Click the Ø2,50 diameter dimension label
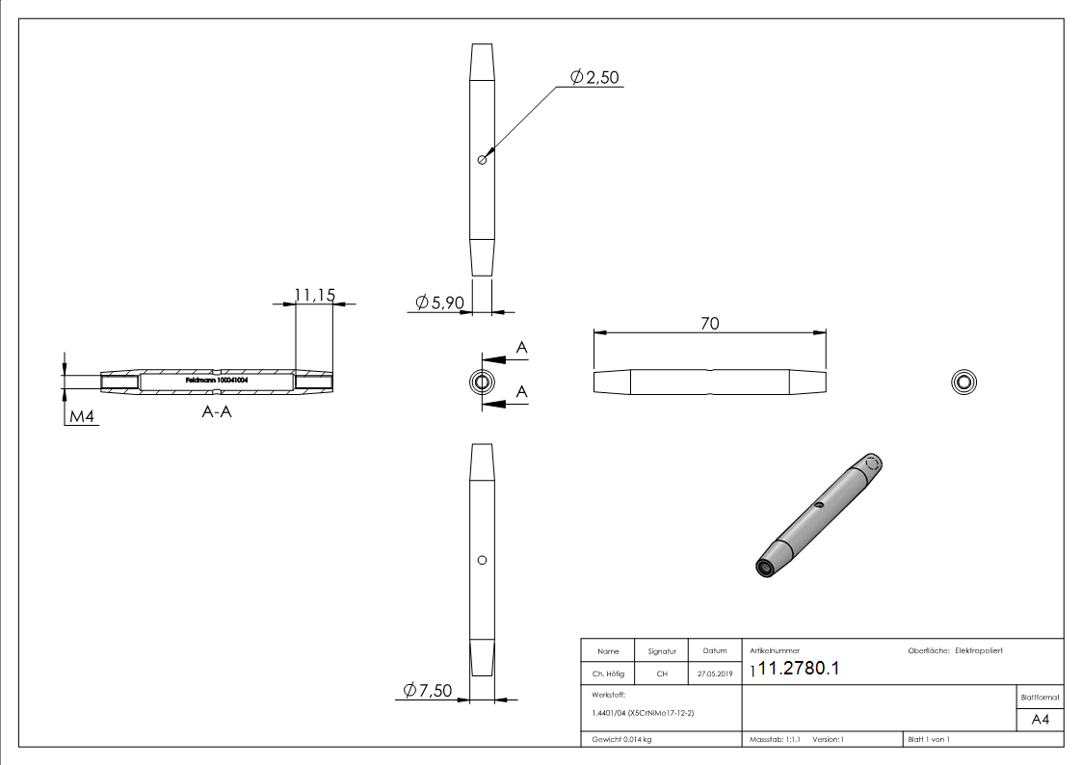594,77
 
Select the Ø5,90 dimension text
440,303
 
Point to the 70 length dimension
709,325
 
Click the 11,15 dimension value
314,295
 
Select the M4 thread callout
81,417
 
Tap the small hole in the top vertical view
482,160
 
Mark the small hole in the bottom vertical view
482,560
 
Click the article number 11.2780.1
799,671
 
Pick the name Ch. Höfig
608,674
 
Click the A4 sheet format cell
1040,720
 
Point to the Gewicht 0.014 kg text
621,740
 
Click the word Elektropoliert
979,651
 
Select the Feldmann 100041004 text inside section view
217,382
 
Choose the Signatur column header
661,652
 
